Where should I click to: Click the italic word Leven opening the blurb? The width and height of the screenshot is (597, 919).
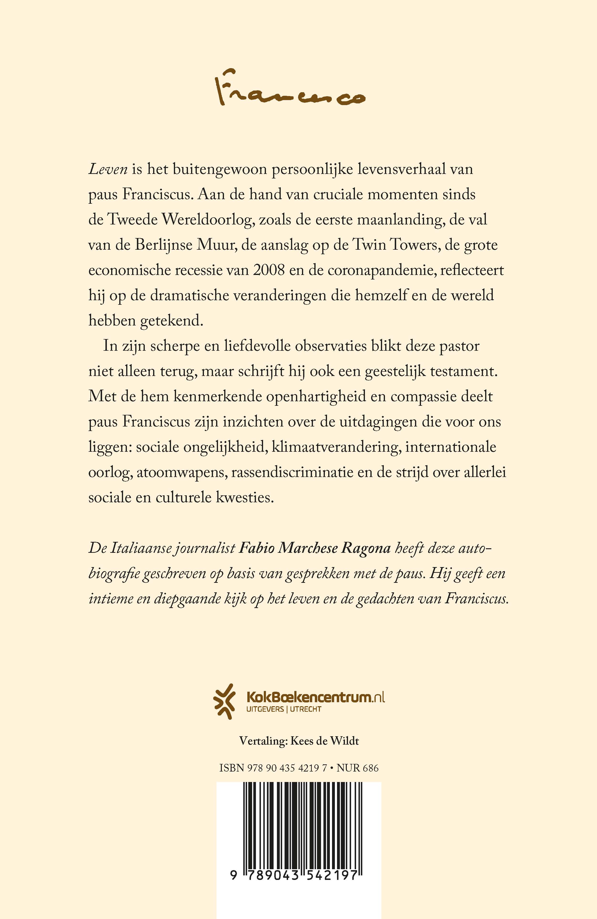[108, 169]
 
